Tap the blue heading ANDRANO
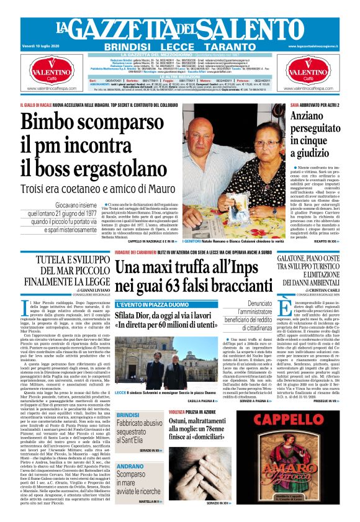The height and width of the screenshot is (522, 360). coord(131,466)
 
